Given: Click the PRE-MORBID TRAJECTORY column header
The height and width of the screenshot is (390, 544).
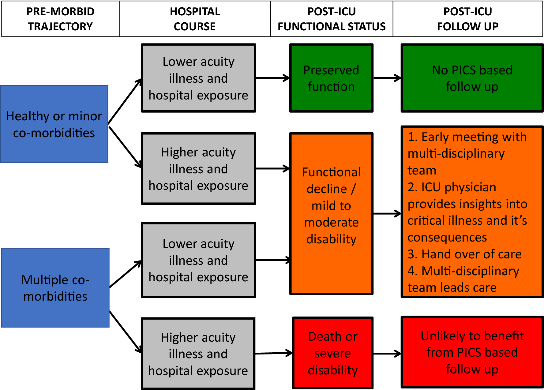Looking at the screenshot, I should click(60, 19).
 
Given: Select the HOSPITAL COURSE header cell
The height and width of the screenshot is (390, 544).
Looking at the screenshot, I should click(195, 19).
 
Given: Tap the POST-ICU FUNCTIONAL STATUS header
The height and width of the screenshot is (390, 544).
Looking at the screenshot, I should click(332, 19).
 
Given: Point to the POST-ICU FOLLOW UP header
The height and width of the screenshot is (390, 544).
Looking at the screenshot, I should click(468, 19).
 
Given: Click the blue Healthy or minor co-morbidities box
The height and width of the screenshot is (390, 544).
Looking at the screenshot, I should click(54, 124).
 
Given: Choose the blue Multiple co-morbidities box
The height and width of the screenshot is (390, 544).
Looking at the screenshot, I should click(55, 288).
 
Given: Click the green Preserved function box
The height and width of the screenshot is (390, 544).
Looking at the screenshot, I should click(331, 78).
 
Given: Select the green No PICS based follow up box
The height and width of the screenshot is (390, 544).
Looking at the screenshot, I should click(472, 78).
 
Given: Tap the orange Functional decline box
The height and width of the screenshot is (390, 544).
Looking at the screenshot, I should click(331, 213).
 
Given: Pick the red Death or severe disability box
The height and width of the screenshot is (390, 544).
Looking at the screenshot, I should click(333, 353).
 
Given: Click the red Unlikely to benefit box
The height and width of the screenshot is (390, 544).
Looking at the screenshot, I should click(472, 352).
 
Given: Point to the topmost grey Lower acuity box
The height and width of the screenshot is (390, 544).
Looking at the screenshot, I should click(198, 78).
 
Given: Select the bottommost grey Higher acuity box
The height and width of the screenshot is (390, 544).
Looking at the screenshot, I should click(198, 354).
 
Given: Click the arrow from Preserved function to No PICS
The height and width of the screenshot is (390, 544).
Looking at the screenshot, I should click(387, 78).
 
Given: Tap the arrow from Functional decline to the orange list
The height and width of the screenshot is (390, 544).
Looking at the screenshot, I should click(387, 213).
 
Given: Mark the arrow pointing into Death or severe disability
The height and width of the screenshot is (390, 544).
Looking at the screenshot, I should click(273, 353).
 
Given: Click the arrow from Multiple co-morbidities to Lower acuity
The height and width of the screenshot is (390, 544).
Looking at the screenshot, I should click(125, 274).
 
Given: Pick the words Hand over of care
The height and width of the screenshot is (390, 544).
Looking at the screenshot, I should click(471, 254).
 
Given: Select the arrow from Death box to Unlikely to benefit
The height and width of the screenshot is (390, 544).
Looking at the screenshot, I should click(387, 354).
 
